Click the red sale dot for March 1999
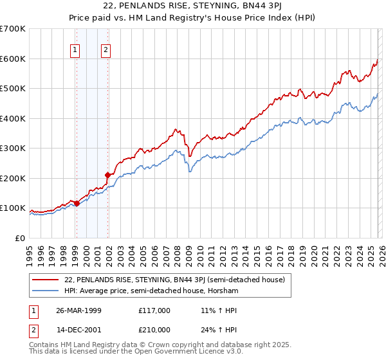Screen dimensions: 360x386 [x=77, y=203]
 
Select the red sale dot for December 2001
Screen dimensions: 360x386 [x=107, y=175]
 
